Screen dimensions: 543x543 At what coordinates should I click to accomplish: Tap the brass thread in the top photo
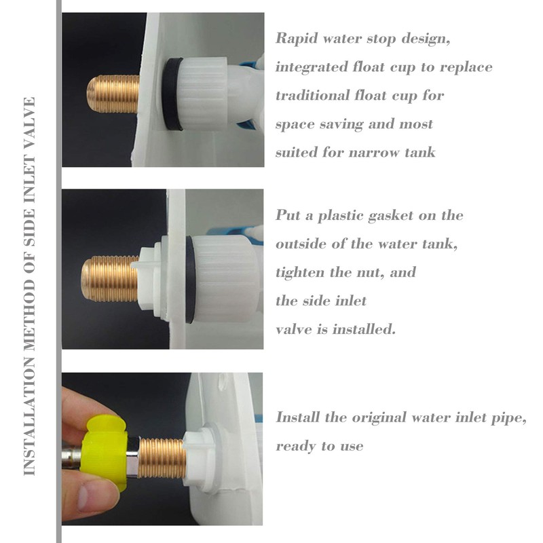click(x=114, y=94)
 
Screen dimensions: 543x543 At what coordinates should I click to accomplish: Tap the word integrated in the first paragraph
click(x=307, y=67)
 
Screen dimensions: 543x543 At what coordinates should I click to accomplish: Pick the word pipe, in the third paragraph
click(x=509, y=417)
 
